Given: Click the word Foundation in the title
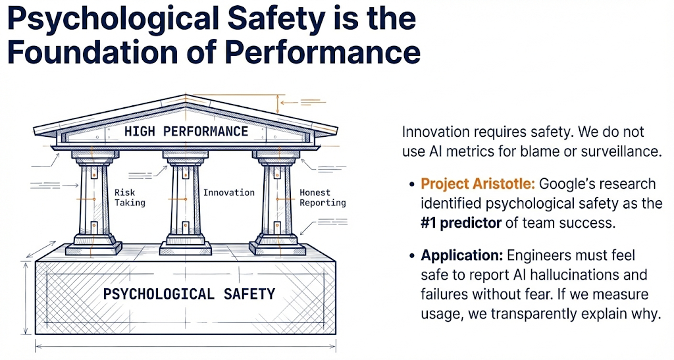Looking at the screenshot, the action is click(x=93, y=52).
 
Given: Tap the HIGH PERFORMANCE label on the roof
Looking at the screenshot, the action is click(x=186, y=131).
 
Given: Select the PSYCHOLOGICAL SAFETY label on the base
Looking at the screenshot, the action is click(x=189, y=294).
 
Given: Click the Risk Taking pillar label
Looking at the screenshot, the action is click(x=130, y=197).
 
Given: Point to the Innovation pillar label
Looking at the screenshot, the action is click(x=229, y=192).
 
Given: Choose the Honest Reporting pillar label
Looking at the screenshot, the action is click(x=323, y=197).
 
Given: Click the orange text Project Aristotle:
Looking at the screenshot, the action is click(x=478, y=184).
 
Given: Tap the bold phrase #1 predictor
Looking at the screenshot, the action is click(x=461, y=223).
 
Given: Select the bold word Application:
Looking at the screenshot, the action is click(x=461, y=255).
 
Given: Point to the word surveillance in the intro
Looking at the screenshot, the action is click(x=621, y=151).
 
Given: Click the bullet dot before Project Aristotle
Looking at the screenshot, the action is click(x=412, y=185).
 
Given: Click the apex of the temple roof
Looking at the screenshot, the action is click(x=186, y=95).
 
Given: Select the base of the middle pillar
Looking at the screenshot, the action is click(x=186, y=245).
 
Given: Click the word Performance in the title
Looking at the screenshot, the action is click(x=323, y=52).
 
